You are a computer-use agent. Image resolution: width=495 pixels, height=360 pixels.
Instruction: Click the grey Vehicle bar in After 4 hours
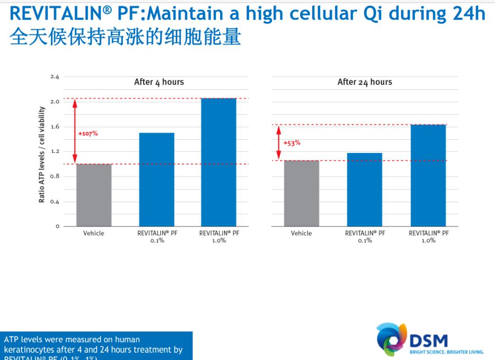(93, 195)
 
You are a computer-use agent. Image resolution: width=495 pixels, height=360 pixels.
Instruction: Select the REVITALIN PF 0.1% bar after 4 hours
(157, 180)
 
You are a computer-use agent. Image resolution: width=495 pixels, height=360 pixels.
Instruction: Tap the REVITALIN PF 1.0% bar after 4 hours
(219, 162)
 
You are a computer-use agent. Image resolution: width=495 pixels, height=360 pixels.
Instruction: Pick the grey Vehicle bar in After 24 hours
(301, 193)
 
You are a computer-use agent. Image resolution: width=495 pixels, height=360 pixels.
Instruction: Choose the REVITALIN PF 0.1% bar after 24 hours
(364, 190)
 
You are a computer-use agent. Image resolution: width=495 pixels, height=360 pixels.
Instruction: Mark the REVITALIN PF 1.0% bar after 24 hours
(428, 175)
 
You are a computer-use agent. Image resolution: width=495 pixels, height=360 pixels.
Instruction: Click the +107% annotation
(88, 134)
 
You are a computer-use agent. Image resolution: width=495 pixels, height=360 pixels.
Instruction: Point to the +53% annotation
(292, 143)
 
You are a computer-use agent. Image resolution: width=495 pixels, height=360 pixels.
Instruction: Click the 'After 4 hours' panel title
(159, 82)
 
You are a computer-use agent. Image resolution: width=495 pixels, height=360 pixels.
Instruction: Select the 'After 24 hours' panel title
(365, 82)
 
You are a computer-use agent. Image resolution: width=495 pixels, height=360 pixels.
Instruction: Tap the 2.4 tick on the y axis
(55, 76)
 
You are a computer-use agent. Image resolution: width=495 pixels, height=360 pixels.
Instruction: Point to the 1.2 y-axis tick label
(55, 151)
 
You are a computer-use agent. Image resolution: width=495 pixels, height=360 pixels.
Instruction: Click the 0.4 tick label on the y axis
(55, 202)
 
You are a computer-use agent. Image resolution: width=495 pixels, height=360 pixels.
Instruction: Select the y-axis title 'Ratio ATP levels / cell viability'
(42, 154)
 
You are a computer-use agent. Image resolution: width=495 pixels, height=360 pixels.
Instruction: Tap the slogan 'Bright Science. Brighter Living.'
(446, 352)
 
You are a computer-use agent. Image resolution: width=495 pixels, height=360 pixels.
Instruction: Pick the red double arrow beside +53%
(278, 142)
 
